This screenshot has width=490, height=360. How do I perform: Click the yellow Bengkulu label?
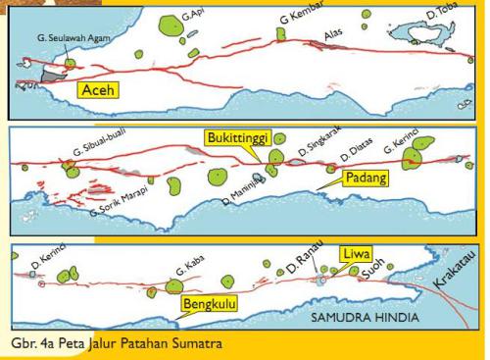tap(210, 306)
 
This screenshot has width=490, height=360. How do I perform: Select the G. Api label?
tap(194, 17)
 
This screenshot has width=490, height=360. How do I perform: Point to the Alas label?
tap(335, 32)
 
